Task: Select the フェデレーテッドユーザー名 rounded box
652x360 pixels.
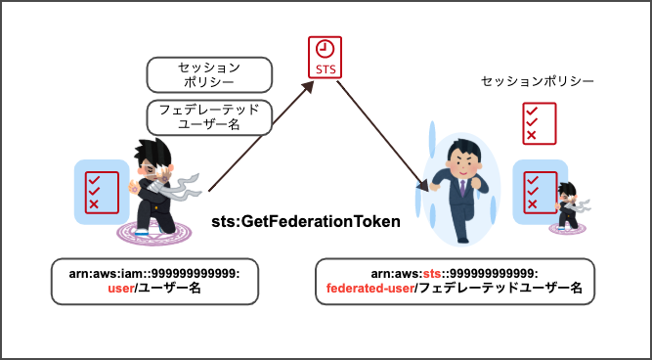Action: point(206,116)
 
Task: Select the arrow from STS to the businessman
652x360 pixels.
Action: point(382,134)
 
